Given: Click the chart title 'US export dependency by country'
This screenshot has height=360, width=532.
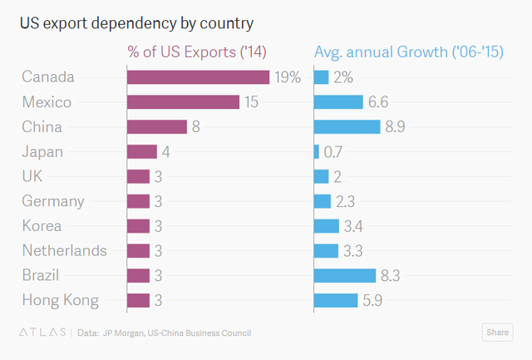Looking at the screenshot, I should (x=136, y=22).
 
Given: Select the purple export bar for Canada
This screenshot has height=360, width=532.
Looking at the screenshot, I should (x=198, y=77).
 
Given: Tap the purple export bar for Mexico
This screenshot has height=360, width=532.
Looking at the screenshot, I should (x=183, y=102).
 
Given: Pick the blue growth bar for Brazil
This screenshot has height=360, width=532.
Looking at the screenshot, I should (x=345, y=276).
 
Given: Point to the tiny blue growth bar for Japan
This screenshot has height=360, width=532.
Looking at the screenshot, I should (x=317, y=151).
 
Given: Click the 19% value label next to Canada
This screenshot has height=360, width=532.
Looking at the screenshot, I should (x=288, y=77).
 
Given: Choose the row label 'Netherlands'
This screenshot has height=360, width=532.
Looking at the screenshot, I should (x=64, y=251).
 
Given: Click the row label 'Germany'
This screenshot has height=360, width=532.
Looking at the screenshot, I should (x=53, y=201).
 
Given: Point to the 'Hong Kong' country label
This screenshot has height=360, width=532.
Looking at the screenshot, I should (x=60, y=301).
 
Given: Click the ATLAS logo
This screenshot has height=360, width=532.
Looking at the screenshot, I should (x=42, y=333).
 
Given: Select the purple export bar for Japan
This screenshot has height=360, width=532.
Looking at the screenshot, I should (x=142, y=151).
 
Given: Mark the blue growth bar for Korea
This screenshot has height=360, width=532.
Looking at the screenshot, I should (x=327, y=226).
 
